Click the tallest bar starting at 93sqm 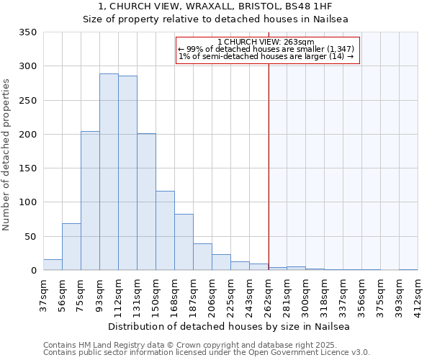tap(109, 172)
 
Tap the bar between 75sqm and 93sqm tap(90, 201)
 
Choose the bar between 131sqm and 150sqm tap(146, 202)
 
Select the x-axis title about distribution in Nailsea tap(230, 326)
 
